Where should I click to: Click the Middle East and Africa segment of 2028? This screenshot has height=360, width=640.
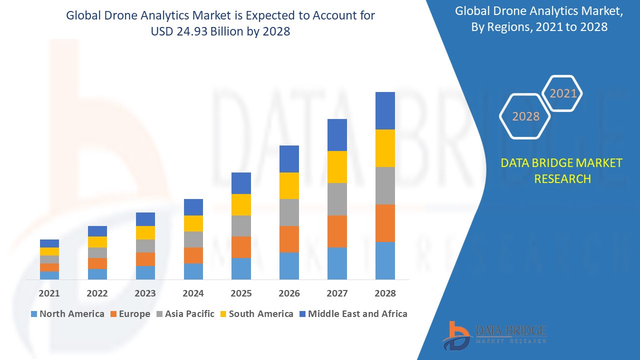click(385, 110)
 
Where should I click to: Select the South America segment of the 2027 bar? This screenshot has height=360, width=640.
click(337, 166)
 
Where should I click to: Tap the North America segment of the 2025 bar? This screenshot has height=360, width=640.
click(241, 268)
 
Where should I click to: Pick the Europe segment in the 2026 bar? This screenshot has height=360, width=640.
click(289, 239)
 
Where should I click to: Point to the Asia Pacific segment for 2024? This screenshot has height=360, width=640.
click(193, 239)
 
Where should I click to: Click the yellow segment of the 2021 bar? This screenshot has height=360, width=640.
click(49, 251)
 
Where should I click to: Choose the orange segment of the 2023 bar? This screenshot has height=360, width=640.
click(145, 259)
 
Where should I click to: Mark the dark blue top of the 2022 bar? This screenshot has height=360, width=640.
click(97, 231)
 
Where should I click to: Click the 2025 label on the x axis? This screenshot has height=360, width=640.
click(241, 293)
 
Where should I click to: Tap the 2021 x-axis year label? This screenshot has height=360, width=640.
click(49, 293)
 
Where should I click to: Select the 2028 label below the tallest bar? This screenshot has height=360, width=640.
click(385, 293)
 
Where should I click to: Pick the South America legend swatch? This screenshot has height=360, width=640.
click(222, 314)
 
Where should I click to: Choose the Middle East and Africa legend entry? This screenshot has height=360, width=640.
click(352, 314)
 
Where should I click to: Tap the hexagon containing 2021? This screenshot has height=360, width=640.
click(563, 93)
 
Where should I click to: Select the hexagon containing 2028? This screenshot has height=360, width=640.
click(525, 116)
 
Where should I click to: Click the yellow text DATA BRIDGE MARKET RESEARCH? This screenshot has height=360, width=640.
click(562, 170)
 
